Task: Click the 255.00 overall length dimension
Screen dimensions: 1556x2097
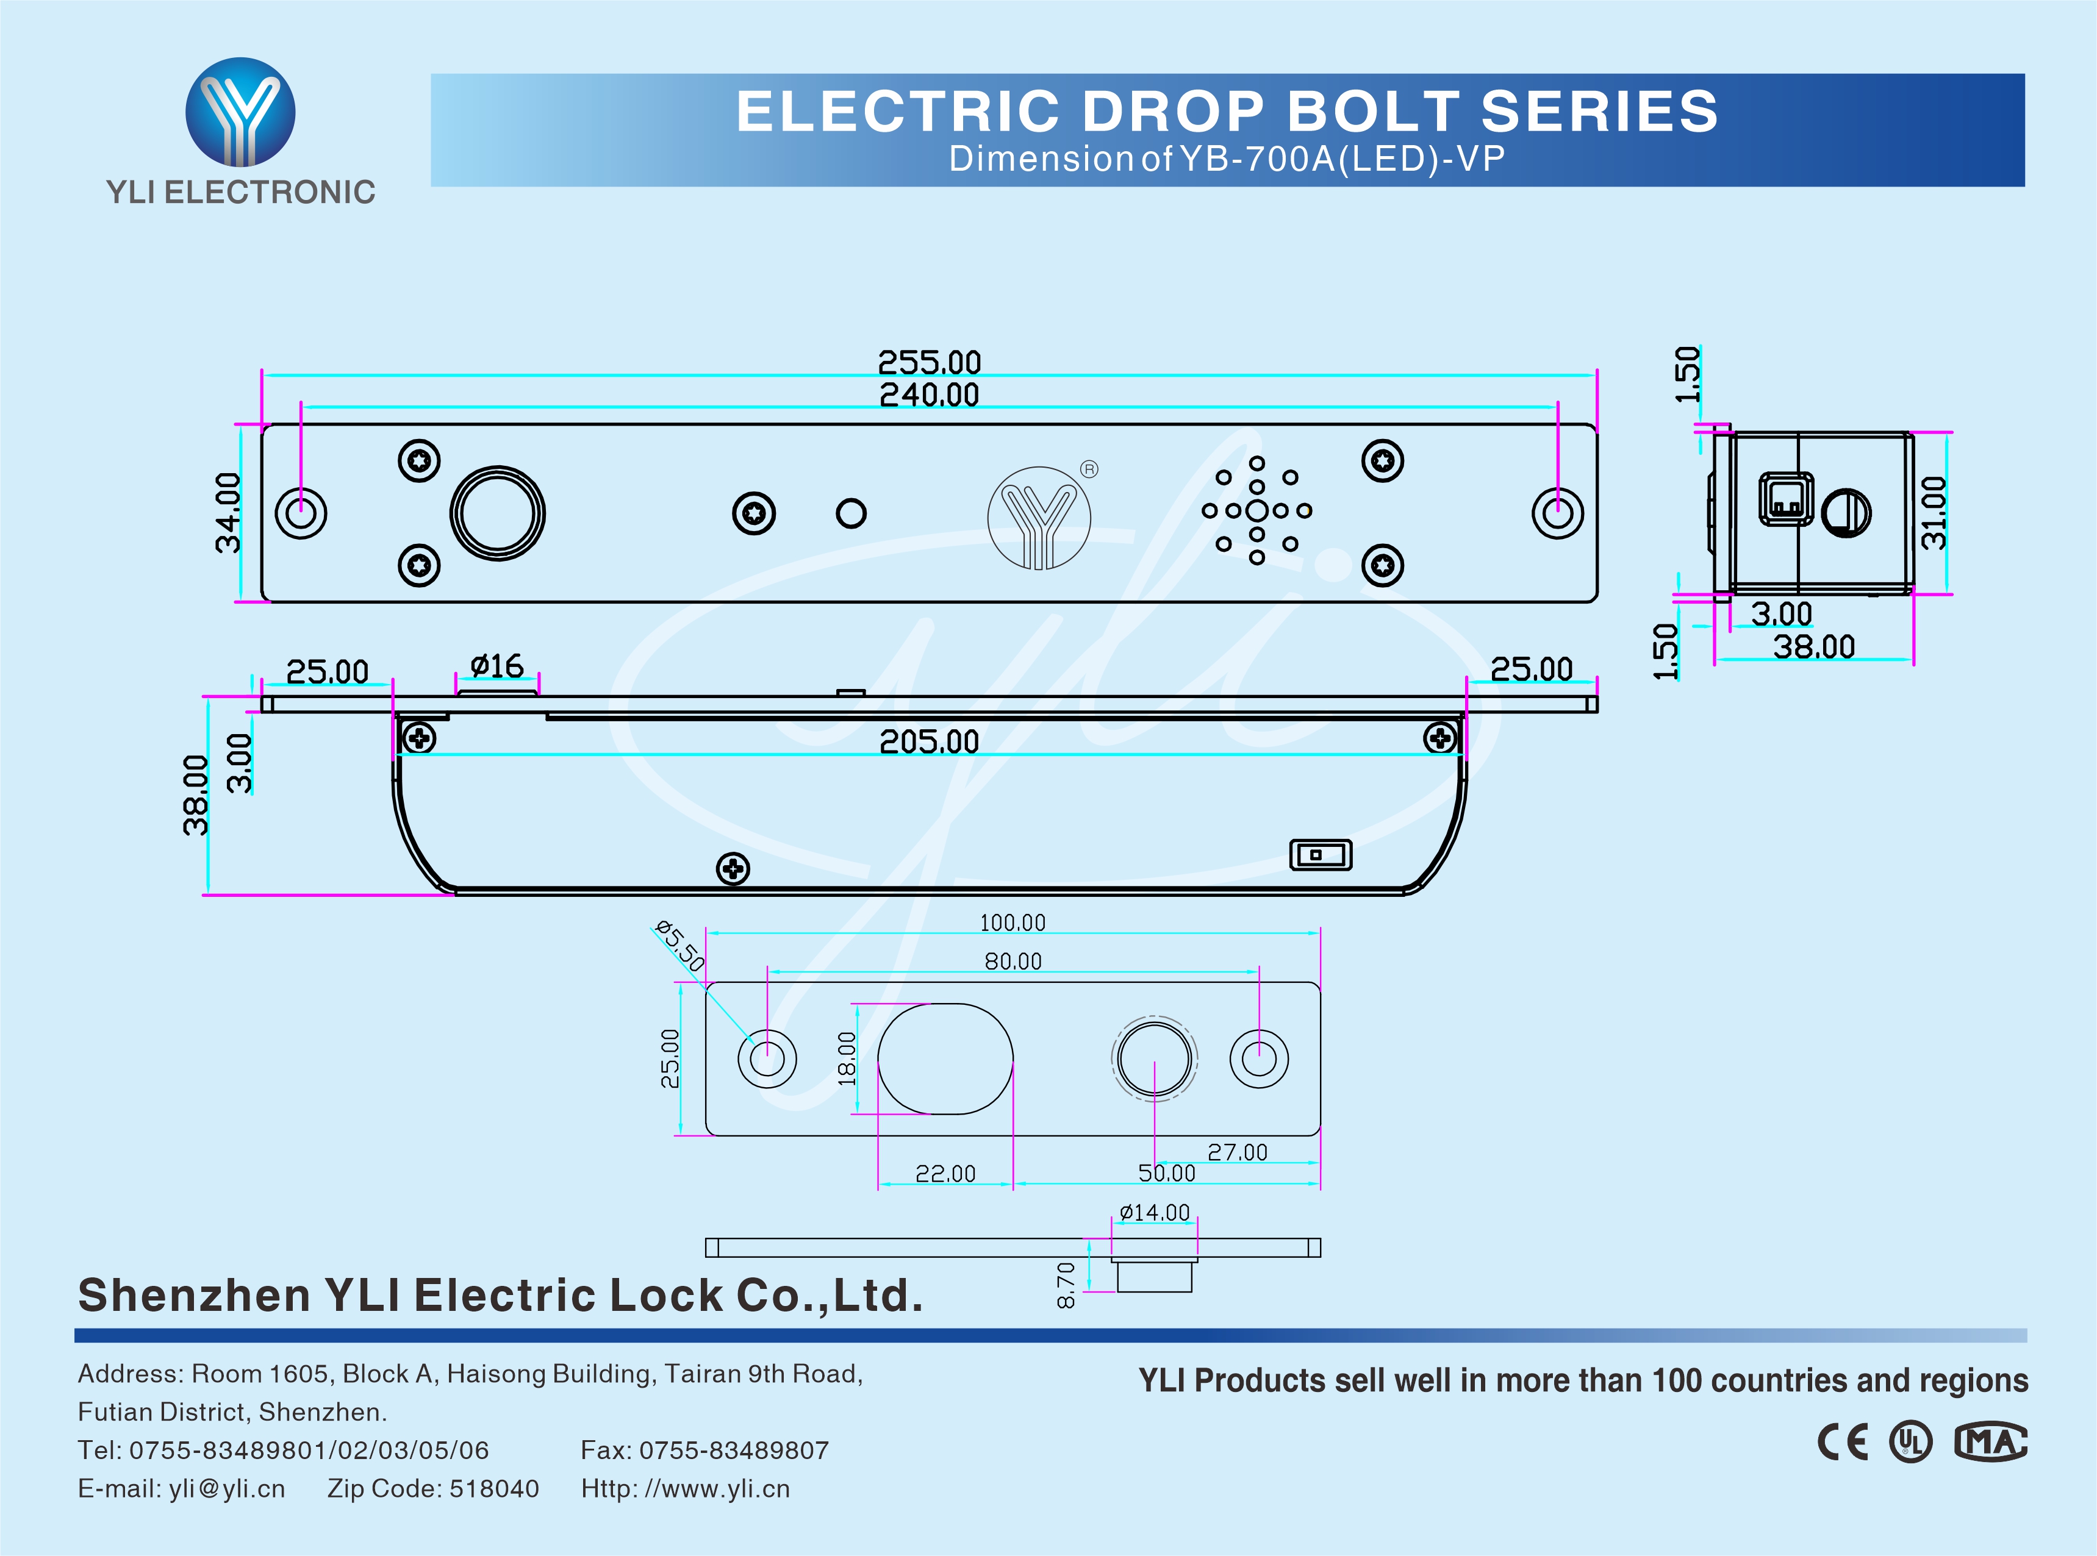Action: click(x=929, y=362)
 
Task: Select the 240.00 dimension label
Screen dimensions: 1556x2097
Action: click(x=929, y=394)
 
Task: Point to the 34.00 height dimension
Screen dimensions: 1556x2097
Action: click(x=229, y=512)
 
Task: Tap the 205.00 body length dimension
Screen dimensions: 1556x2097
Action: click(x=929, y=742)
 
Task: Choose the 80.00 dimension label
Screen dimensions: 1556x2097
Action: click(x=1013, y=962)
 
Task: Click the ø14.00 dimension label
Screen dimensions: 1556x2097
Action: click(x=1154, y=1212)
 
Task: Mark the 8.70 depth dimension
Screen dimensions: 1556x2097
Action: click(x=1066, y=1286)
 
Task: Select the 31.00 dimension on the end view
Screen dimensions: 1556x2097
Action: click(x=1933, y=512)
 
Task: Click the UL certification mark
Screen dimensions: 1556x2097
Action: click(x=1910, y=1442)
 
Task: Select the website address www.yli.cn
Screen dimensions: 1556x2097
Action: click(x=717, y=1489)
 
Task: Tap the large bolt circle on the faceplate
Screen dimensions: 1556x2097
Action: click(x=497, y=513)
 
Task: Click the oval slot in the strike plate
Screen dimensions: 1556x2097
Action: click(x=945, y=1058)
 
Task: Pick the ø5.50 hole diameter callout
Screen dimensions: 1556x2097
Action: click(x=680, y=946)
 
